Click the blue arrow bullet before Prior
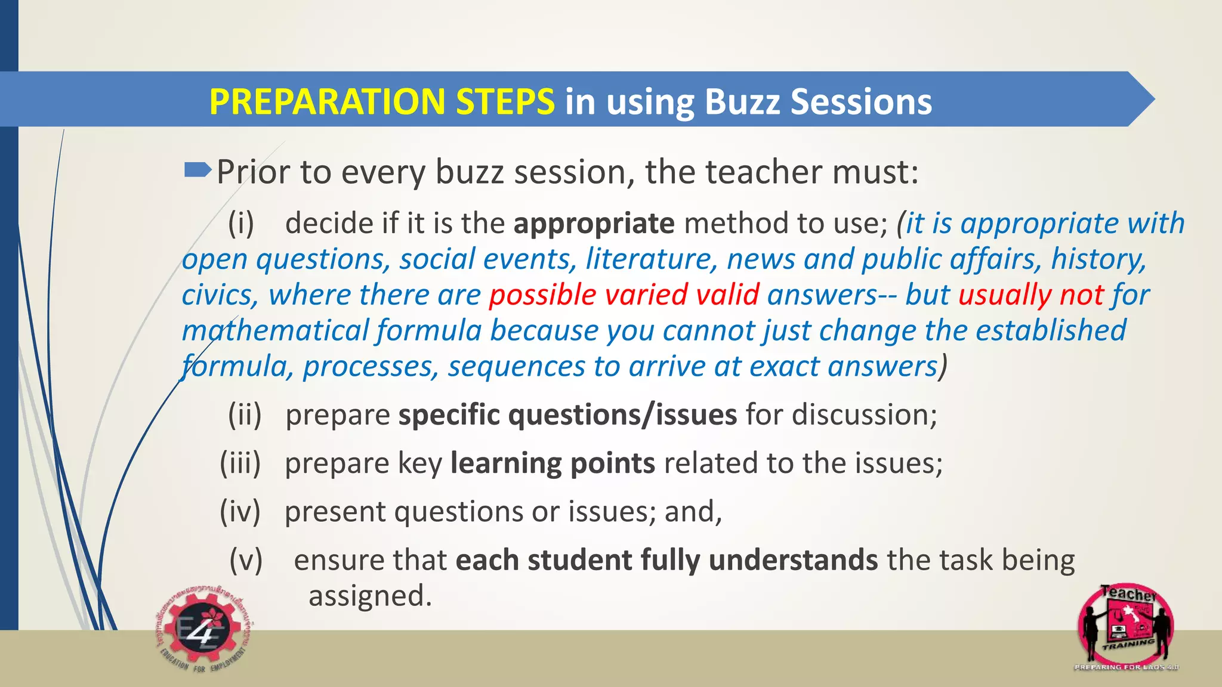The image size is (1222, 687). pos(198,171)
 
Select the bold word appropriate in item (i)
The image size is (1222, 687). pos(594,224)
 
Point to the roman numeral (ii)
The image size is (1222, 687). pos(245,415)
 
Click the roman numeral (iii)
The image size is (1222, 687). pos(240,463)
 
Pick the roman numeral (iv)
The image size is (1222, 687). pos(240,512)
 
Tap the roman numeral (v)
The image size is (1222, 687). pos(246,560)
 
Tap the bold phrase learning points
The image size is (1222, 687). pos(553,463)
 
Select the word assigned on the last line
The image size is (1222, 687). pos(369,596)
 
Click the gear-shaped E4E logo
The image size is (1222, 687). pos(203,630)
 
